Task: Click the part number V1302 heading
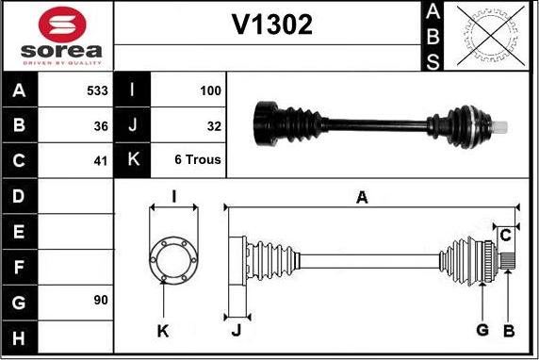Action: [272, 25]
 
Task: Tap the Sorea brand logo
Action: [58, 35]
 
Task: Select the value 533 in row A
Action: [97, 91]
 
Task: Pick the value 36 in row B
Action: [101, 125]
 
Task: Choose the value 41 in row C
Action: [101, 160]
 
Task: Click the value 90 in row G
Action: [101, 300]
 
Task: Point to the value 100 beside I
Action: [210, 91]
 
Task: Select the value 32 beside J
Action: [214, 125]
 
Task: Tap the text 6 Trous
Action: [198, 160]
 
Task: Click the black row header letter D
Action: [20, 196]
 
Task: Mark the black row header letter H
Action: [20, 335]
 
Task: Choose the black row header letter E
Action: [20, 231]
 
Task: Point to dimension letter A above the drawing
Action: [362, 196]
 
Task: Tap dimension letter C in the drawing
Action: [506, 234]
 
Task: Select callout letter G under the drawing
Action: [482, 329]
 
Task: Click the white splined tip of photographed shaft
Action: [506, 125]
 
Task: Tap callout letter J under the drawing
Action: [236, 330]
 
